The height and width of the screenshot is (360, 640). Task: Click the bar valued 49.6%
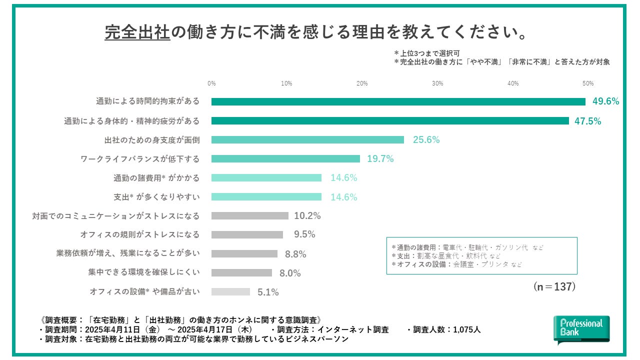(x=398, y=101)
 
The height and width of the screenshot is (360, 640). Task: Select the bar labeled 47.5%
(x=390, y=120)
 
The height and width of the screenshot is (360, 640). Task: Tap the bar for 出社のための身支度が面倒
(x=307, y=140)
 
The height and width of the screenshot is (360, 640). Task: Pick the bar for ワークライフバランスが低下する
(x=285, y=159)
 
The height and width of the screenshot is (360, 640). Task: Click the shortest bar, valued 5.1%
(x=230, y=292)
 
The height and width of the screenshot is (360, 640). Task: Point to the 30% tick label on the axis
(x=437, y=83)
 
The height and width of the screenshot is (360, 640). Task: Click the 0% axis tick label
(x=211, y=83)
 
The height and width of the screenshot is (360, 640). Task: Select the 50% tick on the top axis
(x=587, y=83)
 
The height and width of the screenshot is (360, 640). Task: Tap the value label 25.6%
(x=426, y=140)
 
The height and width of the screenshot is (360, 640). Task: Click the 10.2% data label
(x=307, y=216)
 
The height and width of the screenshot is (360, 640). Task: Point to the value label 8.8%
(x=295, y=254)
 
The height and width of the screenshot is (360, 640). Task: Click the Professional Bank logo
(x=581, y=329)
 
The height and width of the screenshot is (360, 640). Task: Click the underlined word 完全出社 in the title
(x=137, y=32)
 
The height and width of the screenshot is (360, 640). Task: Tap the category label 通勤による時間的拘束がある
(x=147, y=101)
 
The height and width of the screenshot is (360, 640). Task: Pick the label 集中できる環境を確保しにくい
(x=144, y=272)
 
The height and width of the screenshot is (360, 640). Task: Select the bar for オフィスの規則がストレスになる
(x=247, y=235)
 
